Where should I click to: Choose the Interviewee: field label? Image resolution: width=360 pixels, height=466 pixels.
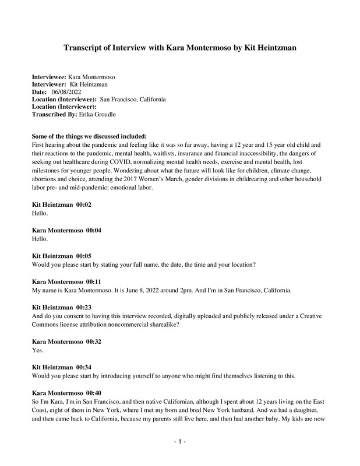[49, 77]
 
